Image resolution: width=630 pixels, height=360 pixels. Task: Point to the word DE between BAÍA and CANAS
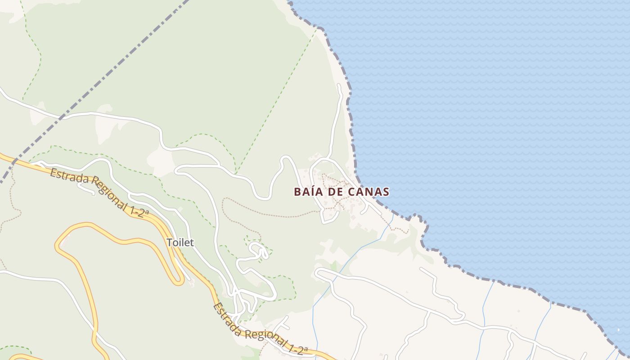coord(336,192)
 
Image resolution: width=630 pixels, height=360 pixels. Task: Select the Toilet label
coord(180,243)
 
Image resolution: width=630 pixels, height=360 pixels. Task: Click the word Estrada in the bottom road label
coord(227,318)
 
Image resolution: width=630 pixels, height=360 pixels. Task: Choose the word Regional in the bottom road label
coord(265,338)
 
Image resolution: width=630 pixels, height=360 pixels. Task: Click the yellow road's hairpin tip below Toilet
coord(178,282)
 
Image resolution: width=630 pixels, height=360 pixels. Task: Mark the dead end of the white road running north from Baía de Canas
coord(339,85)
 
